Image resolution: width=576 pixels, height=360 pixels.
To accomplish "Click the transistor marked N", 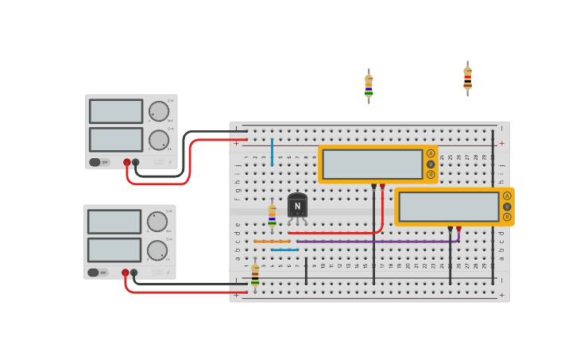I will pyautogui.click(x=297, y=206).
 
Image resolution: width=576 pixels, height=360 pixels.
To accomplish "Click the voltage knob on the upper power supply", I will pyautogui.click(x=158, y=111).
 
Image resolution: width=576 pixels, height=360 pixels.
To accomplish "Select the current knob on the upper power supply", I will pyautogui.click(x=158, y=140).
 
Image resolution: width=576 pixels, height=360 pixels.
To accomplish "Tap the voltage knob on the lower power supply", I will pyautogui.click(x=157, y=222).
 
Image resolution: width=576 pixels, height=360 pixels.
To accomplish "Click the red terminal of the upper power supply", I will pyautogui.click(x=127, y=162).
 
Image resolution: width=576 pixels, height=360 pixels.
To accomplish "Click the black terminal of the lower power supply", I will pyautogui.click(x=134, y=273).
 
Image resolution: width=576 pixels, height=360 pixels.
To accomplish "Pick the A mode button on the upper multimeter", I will pyautogui.click(x=431, y=153).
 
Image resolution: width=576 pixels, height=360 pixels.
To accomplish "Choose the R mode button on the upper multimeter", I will pyautogui.click(x=431, y=175).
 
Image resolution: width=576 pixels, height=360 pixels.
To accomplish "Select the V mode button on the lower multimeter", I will pyautogui.click(x=507, y=207).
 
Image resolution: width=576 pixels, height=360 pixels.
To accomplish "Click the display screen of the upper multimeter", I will pyautogui.click(x=372, y=165).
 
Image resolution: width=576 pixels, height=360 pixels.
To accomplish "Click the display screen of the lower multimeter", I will pyautogui.click(x=448, y=207).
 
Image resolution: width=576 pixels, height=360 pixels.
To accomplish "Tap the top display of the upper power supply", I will pyautogui.click(x=116, y=111).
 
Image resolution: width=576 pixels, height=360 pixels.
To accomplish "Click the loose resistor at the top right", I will pyautogui.click(x=467, y=79).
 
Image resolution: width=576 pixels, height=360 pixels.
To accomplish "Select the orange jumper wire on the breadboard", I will pyautogui.click(x=272, y=242).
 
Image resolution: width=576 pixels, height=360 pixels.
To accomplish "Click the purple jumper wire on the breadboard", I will pyautogui.click(x=373, y=241).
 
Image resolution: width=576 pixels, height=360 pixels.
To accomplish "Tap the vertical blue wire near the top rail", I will pyautogui.click(x=272, y=152).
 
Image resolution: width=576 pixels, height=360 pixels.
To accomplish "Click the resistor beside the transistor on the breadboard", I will pyautogui.click(x=272, y=215).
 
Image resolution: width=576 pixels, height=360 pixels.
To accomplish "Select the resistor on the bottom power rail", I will pyautogui.click(x=255, y=274).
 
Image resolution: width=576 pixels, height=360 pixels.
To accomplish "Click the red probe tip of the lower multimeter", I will pyautogui.click(x=458, y=229).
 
